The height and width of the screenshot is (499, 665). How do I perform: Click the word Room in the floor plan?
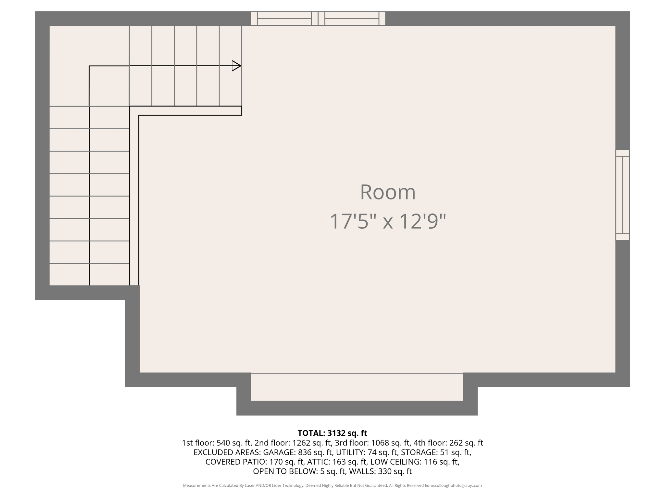pyautogui.click(x=388, y=192)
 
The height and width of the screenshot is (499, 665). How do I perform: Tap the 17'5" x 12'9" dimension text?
pyautogui.click(x=388, y=222)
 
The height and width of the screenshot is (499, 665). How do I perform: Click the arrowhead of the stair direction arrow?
pyautogui.click(x=236, y=66)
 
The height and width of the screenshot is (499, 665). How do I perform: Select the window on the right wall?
pyautogui.click(x=622, y=195)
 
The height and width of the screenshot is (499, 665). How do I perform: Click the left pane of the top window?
pyautogui.click(x=284, y=19)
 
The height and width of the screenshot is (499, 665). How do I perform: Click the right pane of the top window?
pyautogui.click(x=352, y=19)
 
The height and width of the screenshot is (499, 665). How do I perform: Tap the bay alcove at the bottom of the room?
pyautogui.click(x=357, y=387)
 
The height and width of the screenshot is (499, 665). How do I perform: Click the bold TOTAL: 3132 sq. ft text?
pyautogui.click(x=332, y=433)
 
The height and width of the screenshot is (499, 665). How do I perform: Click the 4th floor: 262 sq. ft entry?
pyautogui.click(x=448, y=443)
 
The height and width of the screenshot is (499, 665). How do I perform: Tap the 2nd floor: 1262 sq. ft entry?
pyautogui.click(x=293, y=443)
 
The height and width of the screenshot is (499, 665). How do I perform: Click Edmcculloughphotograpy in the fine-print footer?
pyautogui.click(x=448, y=485)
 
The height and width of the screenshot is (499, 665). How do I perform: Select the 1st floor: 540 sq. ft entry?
pyautogui.click(x=216, y=443)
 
